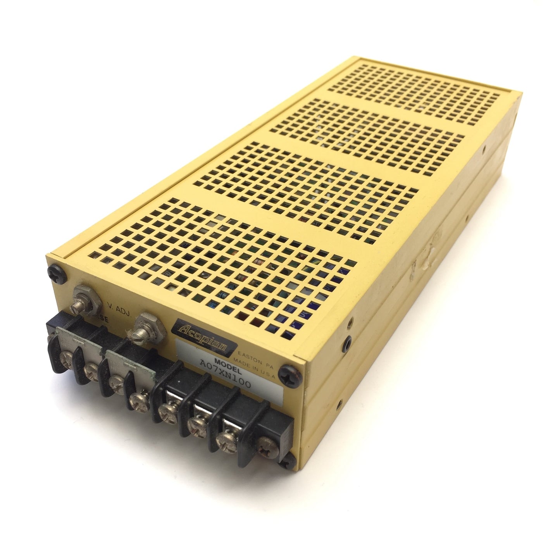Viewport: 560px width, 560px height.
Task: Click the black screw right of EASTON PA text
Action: (x=291, y=371)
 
